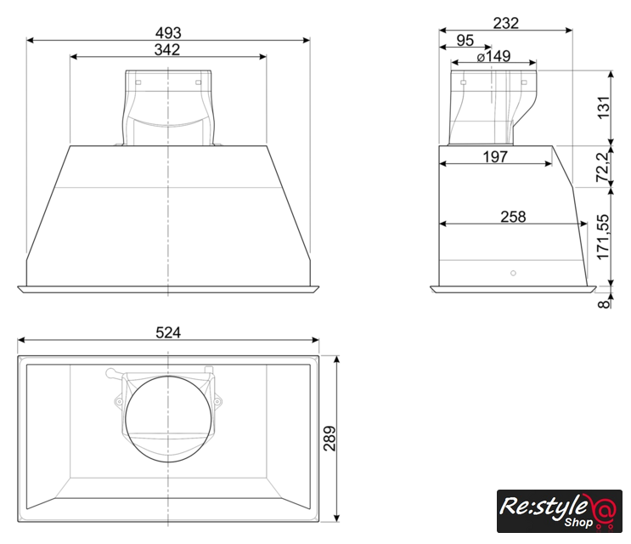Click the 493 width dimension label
168,32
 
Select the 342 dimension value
167,50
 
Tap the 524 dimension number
168,332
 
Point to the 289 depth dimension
330,439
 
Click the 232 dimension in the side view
506,23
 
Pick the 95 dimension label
465,40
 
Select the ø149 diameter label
493,56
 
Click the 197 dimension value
495,156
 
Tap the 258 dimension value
513,217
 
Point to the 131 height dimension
604,107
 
